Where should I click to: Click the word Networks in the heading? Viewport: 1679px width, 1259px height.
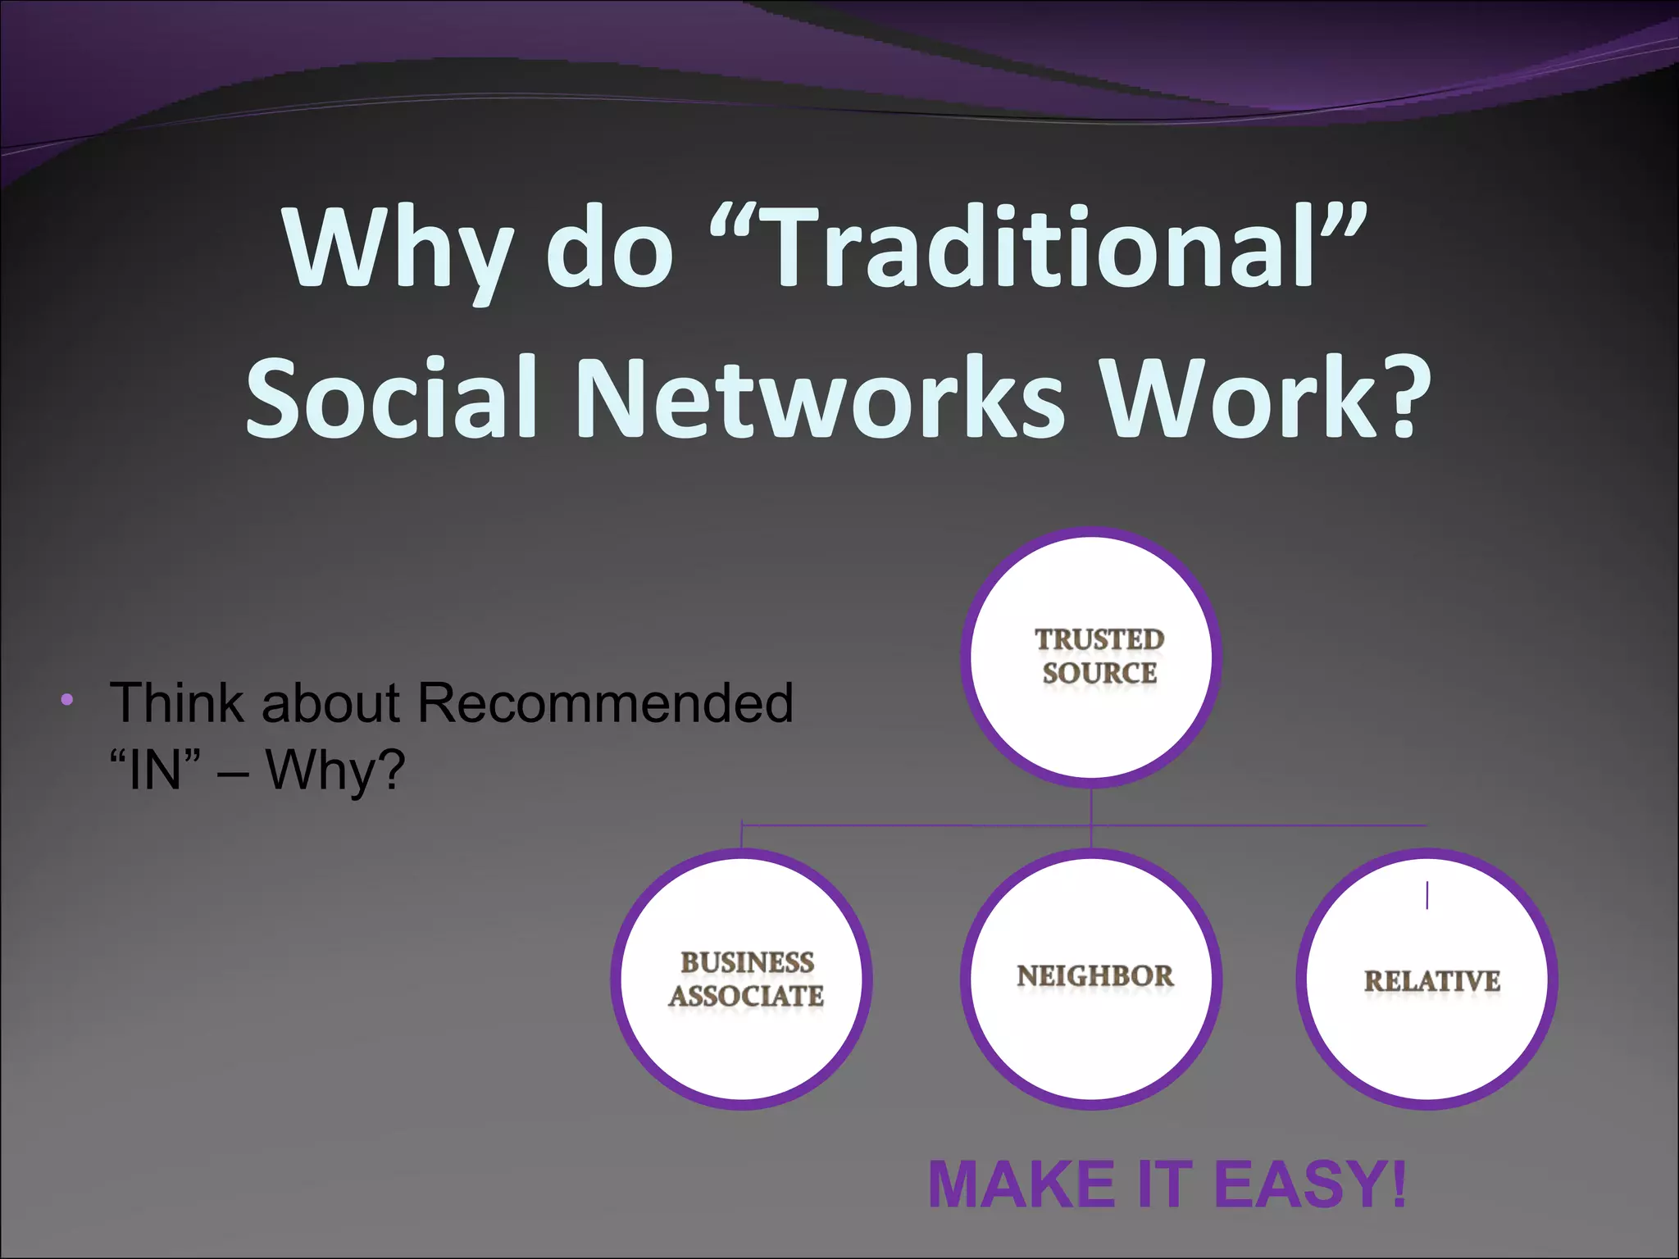pyautogui.click(x=820, y=398)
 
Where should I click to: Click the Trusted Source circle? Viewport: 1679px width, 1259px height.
pyautogui.click(x=1091, y=658)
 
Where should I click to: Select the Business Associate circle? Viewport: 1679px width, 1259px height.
pyautogui.click(x=742, y=979)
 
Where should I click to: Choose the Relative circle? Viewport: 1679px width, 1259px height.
pyautogui.click(x=1427, y=979)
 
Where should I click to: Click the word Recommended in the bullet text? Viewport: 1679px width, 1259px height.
pyautogui.click(x=605, y=703)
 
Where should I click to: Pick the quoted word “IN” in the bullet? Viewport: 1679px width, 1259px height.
pyautogui.click(x=155, y=770)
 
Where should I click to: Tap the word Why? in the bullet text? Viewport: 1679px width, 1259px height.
pyautogui.click(x=334, y=770)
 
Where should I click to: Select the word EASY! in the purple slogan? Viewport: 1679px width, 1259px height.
pyautogui.click(x=1309, y=1185)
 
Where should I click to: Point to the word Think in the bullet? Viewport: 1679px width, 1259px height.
pyautogui.click(x=175, y=703)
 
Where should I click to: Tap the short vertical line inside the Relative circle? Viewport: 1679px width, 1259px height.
pyautogui.click(x=1427, y=895)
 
